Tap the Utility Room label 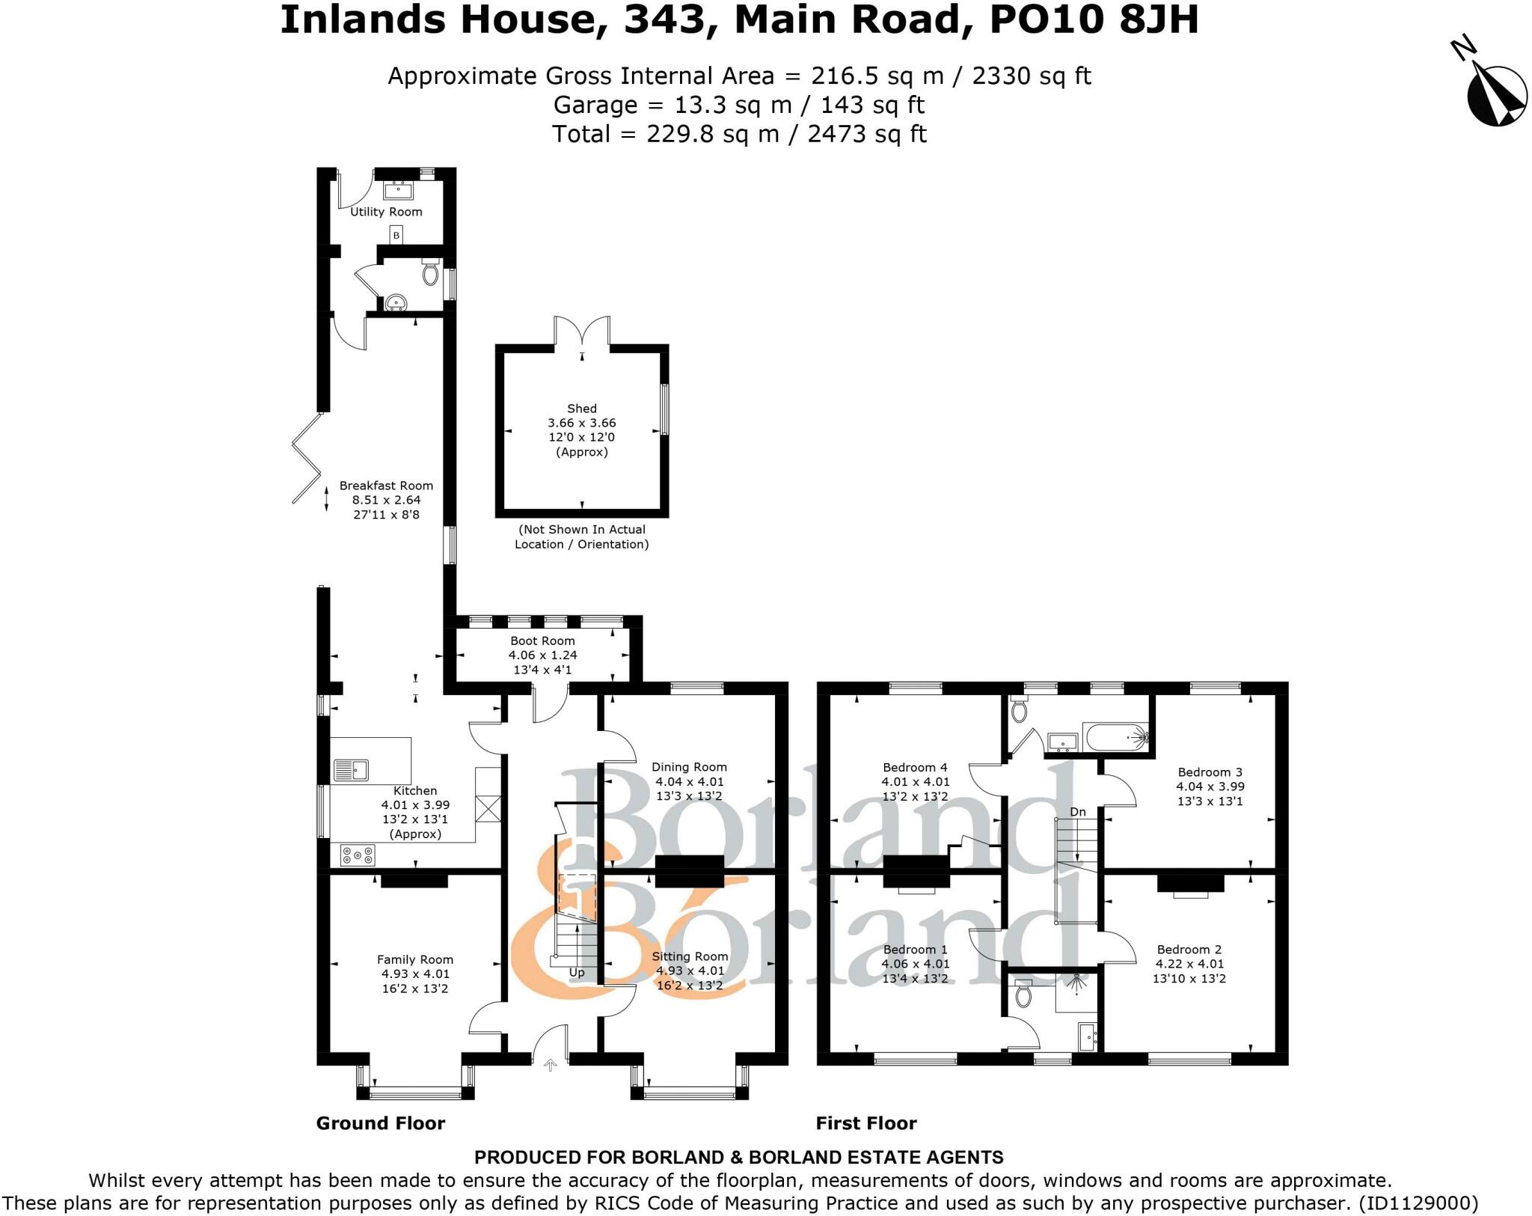(x=386, y=212)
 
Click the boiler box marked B (x=396, y=236)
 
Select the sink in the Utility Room (x=399, y=190)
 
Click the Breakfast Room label (x=386, y=486)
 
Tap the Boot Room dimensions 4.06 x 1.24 (x=542, y=655)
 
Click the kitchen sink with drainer (x=350, y=769)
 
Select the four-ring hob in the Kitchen (x=358, y=855)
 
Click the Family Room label (x=414, y=959)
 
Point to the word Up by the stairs (x=577, y=973)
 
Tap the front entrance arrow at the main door (x=551, y=1065)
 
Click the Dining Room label (x=689, y=767)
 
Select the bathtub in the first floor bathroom (x=1115, y=738)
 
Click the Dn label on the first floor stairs (x=1077, y=812)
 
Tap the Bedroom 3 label (x=1210, y=772)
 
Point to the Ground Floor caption (x=380, y=1123)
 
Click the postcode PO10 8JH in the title (x=1094, y=20)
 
